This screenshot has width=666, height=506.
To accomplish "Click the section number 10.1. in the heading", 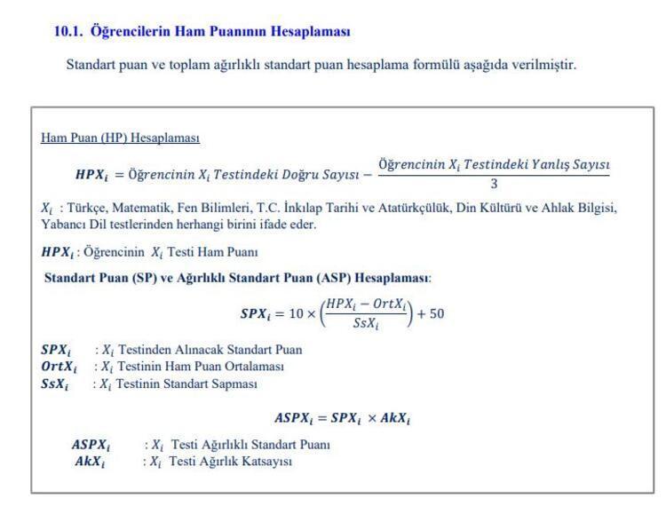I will pyautogui.click(x=68, y=31).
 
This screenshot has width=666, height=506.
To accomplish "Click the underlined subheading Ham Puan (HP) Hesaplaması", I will pyautogui.click(x=120, y=138).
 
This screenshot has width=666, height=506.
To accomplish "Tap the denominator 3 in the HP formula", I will pyautogui.click(x=494, y=185).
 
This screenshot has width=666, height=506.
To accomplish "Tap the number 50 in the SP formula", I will pyautogui.click(x=436, y=313).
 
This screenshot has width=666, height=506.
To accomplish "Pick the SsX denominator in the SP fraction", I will pyautogui.click(x=366, y=324).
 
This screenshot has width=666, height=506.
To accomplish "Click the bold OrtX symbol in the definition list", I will pyautogui.click(x=59, y=367).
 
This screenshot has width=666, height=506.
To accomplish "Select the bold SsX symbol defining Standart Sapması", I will pyautogui.click(x=55, y=384).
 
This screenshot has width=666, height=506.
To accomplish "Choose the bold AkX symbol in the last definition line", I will pyautogui.click(x=89, y=462).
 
